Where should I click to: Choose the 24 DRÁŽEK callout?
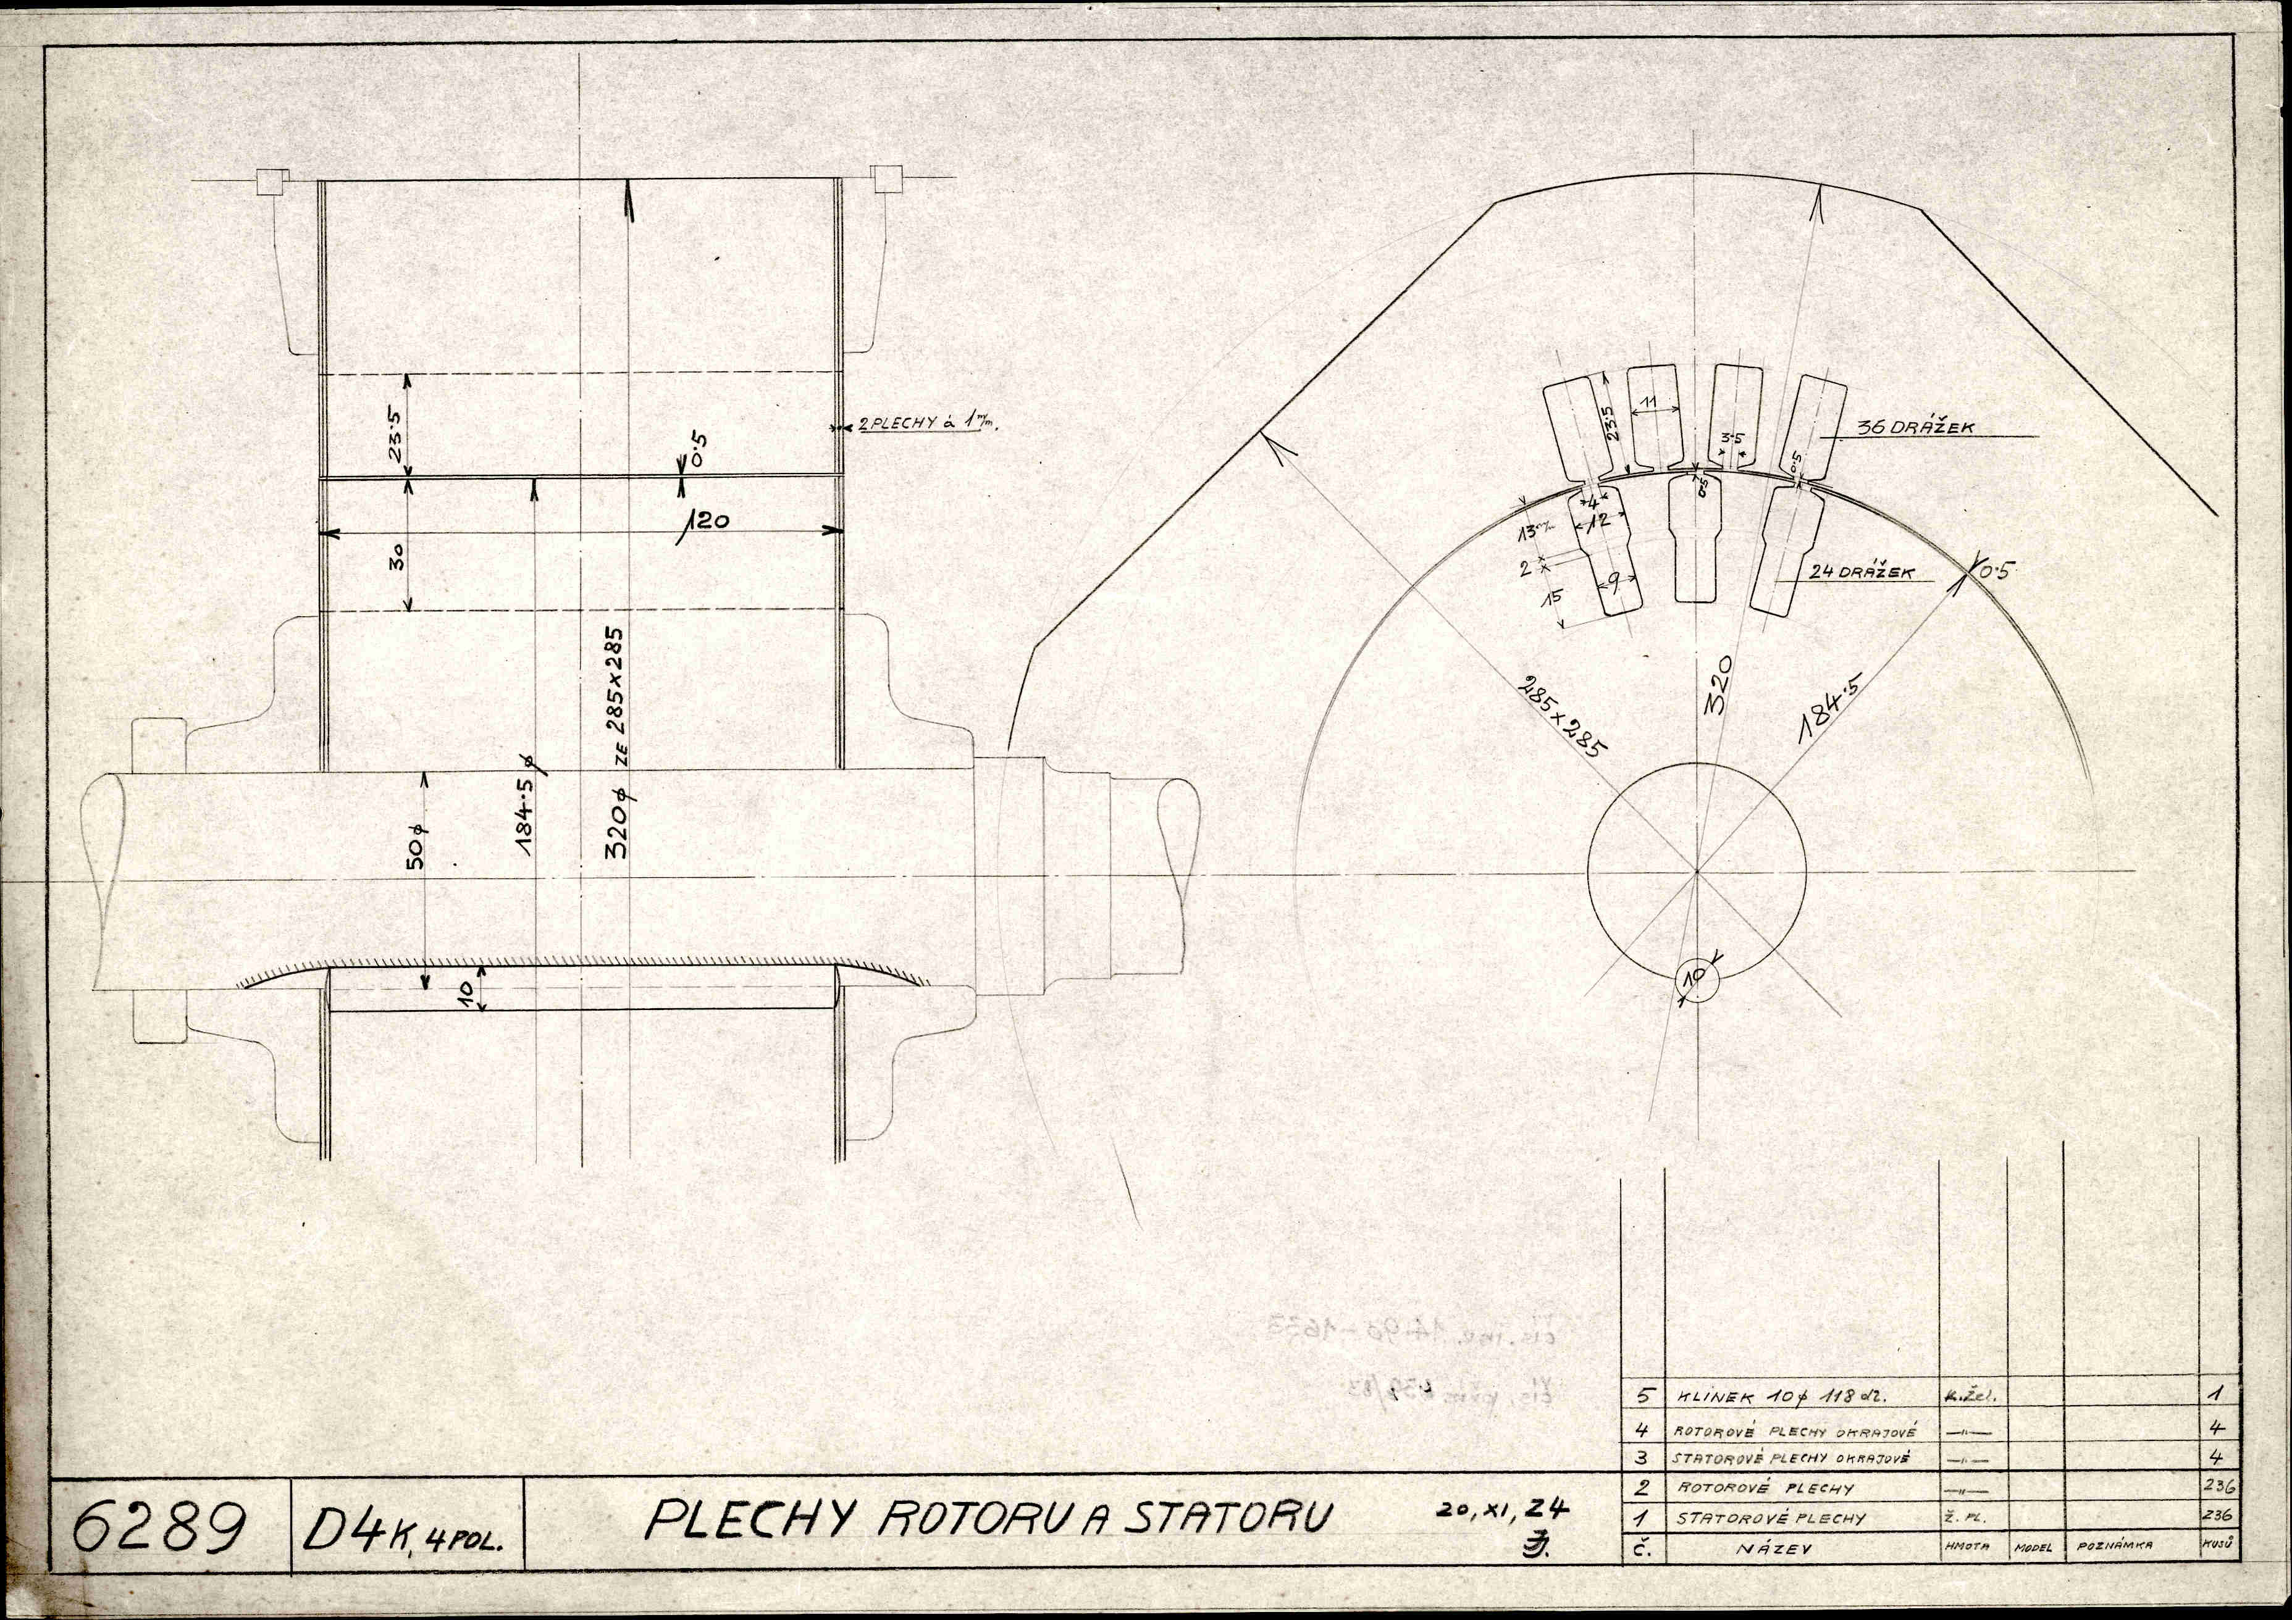click(x=1862, y=574)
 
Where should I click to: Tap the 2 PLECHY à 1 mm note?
click(x=928, y=424)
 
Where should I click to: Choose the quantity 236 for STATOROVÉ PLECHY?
click(x=2216, y=1515)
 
